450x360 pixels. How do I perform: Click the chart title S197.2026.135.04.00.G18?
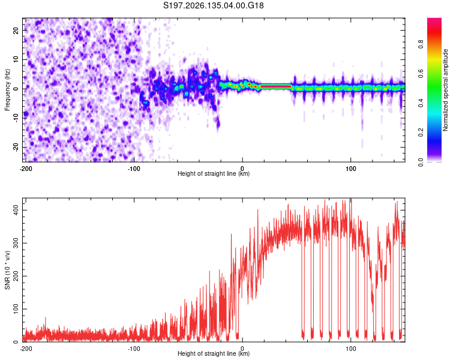[x=213, y=5]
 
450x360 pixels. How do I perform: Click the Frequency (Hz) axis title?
[x=7, y=90]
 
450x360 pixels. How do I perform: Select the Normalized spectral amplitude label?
[x=445, y=89]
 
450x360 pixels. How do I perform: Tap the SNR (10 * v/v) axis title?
[x=7, y=270]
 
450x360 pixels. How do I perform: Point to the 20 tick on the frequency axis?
[x=16, y=30]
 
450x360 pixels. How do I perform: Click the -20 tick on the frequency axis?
[x=16, y=147]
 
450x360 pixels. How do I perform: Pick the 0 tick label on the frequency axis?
[x=16, y=89]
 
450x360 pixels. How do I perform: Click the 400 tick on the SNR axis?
[x=16, y=210]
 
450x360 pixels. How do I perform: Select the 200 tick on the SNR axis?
[x=16, y=276]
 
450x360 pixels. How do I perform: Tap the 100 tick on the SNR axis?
[x=16, y=309]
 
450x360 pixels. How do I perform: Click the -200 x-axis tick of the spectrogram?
[x=26, y=169]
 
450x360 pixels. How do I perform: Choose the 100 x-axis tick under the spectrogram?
[x=350, y=169]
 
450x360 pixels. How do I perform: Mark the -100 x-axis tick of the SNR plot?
[x=134, y=349]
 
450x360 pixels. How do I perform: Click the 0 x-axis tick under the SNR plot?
[x=242, y=349]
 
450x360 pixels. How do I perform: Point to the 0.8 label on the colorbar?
[x=421, y=44]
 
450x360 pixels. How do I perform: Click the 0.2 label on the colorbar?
[x=421, y=133]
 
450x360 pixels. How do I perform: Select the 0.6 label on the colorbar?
[x=421, y=74]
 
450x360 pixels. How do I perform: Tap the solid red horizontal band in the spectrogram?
[x=276, y=86]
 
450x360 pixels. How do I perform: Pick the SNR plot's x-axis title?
[x=214, y=353]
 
